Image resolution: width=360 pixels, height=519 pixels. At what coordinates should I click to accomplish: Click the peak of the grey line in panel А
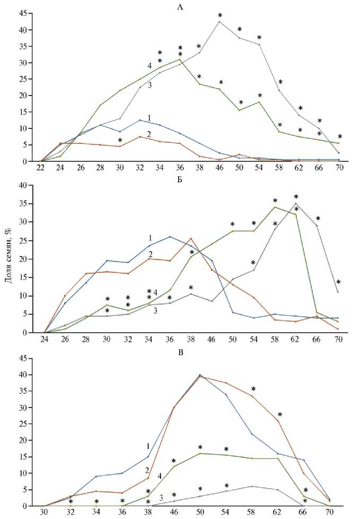(219, 21)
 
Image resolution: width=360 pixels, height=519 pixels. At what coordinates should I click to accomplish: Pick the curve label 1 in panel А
(150, 118)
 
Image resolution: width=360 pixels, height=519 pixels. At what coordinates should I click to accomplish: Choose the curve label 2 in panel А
(149, 135)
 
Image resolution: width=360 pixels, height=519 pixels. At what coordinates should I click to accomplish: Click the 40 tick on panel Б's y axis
(22, 185)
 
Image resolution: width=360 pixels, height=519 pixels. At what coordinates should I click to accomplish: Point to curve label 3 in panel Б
(155, 310)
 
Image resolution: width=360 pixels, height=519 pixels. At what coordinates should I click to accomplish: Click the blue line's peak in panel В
(200, 375)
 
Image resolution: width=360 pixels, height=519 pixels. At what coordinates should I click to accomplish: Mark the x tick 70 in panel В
(329, 513)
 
